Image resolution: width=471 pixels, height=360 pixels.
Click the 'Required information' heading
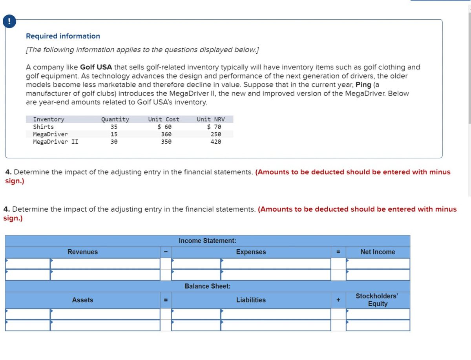pyautogui.click(x=63, y=36)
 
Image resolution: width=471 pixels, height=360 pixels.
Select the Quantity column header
pyautogui.click(x=115, y=119)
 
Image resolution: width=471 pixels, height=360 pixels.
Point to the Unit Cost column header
pyautogui.click(x=164, y=119)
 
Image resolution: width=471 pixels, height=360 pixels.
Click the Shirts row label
pyautogui.click(x=44, y=127)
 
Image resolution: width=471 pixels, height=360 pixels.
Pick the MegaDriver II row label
pyautogui.click(x=56, y=142)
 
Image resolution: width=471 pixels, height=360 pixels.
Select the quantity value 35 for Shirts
pyautogui.click(x=114, y=127)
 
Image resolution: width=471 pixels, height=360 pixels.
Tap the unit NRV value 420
pyautogui.click(x=216, y=142)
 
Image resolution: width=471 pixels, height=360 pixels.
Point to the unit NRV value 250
pyautogui.click(x=216, y=134)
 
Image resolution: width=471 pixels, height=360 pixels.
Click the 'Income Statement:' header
pyautogui.click(x=207, y=241)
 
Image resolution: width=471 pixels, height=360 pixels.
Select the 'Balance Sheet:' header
pyautogui.click(x=207, y=286)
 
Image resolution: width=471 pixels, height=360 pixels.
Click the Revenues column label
pyautogui.click(x=83, y=252)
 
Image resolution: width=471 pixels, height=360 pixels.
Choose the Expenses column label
pyautogui.click(x=251, y=252)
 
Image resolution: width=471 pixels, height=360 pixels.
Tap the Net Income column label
pyautogui.click(x=378, y=252)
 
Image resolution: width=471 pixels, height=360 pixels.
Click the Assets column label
pyautogui.click(x=83, y=300)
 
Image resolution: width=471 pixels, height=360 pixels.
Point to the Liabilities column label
pyautogui.click(x=251, y=300)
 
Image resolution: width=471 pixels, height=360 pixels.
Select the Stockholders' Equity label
pyautogui.click(x=377, y=300)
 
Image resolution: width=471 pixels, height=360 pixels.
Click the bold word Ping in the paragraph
pyautogui.click(x=363, y=85)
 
